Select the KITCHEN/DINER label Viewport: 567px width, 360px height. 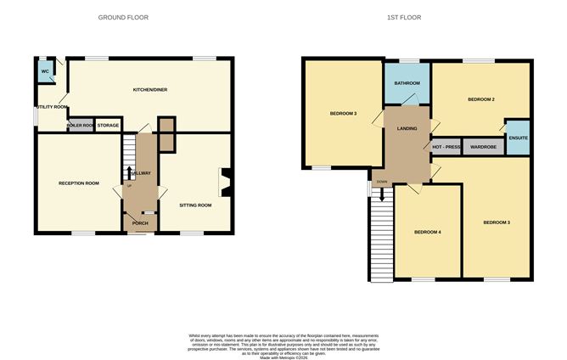coord(149,89)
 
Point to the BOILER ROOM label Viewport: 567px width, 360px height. coord(81,126)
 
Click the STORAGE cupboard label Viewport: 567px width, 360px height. coord(108,126)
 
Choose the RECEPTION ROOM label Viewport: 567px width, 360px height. coord(78,183)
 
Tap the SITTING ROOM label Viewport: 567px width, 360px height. coord(194,205)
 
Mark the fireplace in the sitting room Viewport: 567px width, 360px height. coord(227,179)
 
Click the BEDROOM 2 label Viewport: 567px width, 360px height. coord(480,99)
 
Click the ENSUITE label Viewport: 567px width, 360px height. coord(517,141)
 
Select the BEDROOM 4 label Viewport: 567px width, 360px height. coord(428,231)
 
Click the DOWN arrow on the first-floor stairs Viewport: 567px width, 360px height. coord(382,192)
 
